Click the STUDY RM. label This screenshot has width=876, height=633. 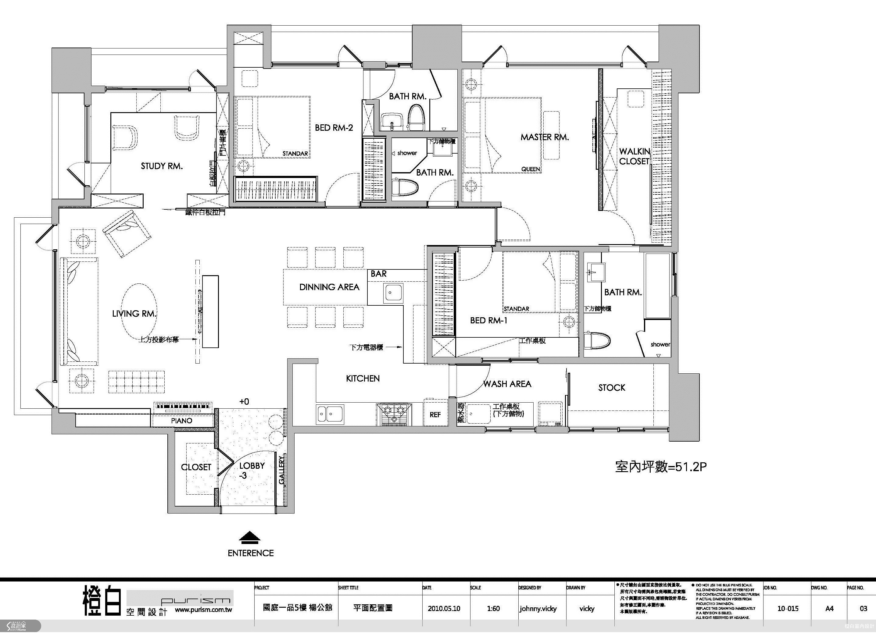(x=162, y=166)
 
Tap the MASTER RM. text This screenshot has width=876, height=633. (x=545, y=137)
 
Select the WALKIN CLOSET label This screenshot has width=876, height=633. (x=634, y=156)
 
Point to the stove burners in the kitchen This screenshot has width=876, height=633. (x=394, y=414)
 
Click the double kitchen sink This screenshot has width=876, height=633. (x=330, y=414)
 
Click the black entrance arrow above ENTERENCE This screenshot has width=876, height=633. (x=250, y=537)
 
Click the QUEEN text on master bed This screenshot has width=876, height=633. (x=530, y=169)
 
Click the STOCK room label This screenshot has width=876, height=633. (x=611, y=388)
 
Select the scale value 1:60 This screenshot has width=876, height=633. (x=493, y=608)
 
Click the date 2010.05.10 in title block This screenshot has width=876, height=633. (x=444, y=608)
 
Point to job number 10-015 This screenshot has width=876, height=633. (x=788, y=608)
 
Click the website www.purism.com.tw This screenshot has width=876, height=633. (x=203, y=610)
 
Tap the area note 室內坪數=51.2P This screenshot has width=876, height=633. (x=660, y=467)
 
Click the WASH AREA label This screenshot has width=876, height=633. (x=507, y=384)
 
